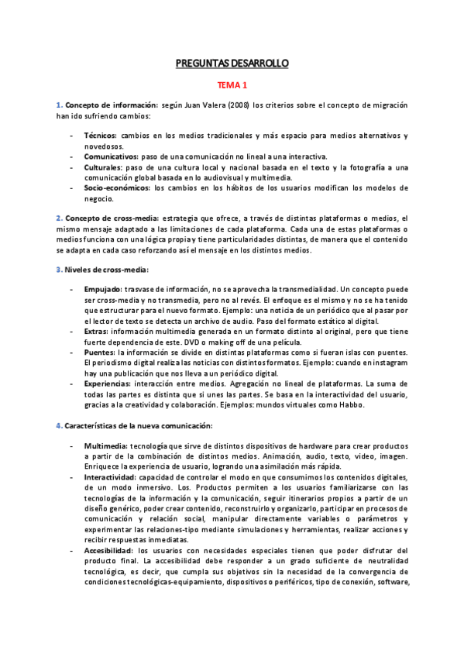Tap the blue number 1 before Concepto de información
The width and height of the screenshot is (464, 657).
tap(58, 105)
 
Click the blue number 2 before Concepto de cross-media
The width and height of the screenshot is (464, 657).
tap(58, 218)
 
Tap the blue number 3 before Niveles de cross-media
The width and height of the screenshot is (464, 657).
tap(58, 269)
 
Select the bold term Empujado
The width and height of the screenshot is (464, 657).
tap(106, 288)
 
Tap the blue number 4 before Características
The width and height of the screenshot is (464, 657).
tap(58, 426)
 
